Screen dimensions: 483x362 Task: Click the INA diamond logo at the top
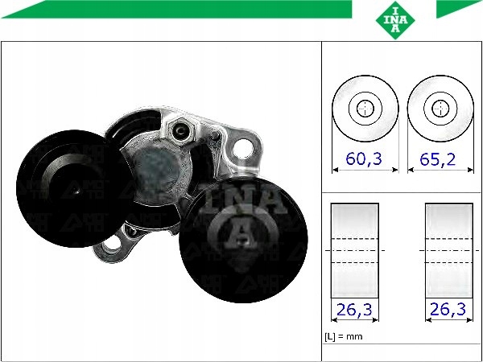[x=395, y=20]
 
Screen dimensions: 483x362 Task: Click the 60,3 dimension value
[x=364, y=158]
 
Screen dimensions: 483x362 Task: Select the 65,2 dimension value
[x=438, y=159]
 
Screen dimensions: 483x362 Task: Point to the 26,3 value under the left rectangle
[x=354, y=310]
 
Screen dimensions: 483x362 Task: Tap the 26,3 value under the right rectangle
[x=448, y=310]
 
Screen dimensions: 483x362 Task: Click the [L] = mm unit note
[x=344, y=336]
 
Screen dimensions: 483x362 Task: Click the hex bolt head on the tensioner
[x=180, y=131]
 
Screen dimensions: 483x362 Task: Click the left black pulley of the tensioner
[x=73, y=188]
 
